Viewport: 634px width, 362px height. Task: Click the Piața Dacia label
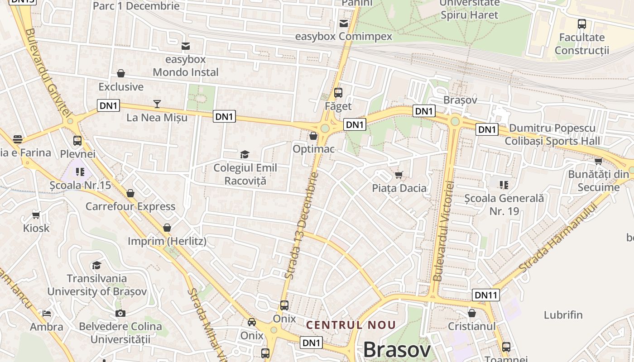(x=399, y=188)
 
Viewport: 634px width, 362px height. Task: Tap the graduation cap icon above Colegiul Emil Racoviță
(x=245, y=155)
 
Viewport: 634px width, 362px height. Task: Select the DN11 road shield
(x=485, y=295)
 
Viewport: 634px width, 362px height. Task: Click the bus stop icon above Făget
(x=338, y=93)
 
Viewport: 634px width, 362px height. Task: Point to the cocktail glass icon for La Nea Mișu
(x=157, y=104)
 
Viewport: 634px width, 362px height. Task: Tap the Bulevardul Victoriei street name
(x=443, y=231)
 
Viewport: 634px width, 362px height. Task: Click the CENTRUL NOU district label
(x=351, y=325)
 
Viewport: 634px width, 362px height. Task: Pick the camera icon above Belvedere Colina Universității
(x=120, y=313)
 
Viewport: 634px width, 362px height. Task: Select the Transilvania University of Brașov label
(x=97, y=285)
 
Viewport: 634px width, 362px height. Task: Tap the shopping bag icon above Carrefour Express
(x=130, y=194)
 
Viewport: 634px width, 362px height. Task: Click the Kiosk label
(x=36, y=228)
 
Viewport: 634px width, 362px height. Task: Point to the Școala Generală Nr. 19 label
(x=504, y=204)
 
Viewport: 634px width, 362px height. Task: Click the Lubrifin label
(x=563, y=315)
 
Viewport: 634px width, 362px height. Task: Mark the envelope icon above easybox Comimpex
(x=344, y=24)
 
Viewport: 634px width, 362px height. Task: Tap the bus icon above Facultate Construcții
(x=582, y=24)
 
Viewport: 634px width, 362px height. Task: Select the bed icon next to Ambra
(x=47, y=313)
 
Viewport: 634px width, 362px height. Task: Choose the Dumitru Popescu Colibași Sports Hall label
(x=552, y=134)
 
